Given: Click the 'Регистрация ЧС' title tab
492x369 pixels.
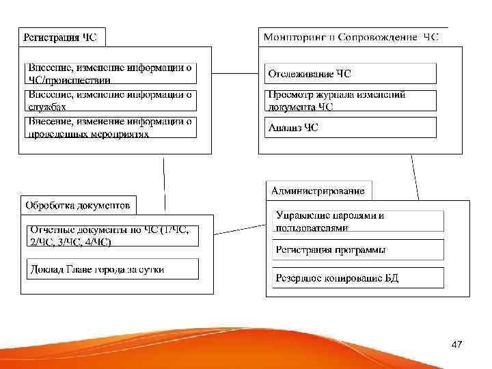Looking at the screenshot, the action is pos(60,38).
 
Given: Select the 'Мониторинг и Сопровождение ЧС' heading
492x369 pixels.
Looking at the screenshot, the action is pos(351,37).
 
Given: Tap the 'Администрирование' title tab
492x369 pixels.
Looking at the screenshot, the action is pos(318,191).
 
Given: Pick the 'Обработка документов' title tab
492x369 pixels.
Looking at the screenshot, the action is pos(77,205).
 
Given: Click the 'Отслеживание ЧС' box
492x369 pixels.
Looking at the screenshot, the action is pos(350,73).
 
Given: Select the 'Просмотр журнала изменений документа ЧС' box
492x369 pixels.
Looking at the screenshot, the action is pos(350,100).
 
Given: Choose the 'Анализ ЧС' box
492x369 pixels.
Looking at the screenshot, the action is pos(350,128).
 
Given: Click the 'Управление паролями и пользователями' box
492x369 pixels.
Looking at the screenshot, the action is pos(358,221).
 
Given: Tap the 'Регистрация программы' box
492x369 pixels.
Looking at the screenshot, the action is pos(358,249).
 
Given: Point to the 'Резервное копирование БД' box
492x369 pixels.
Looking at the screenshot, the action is pos(358,277).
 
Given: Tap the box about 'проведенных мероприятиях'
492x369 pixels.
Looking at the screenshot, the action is pos(111,128).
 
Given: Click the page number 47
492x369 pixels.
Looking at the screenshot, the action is pos(456,346).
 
